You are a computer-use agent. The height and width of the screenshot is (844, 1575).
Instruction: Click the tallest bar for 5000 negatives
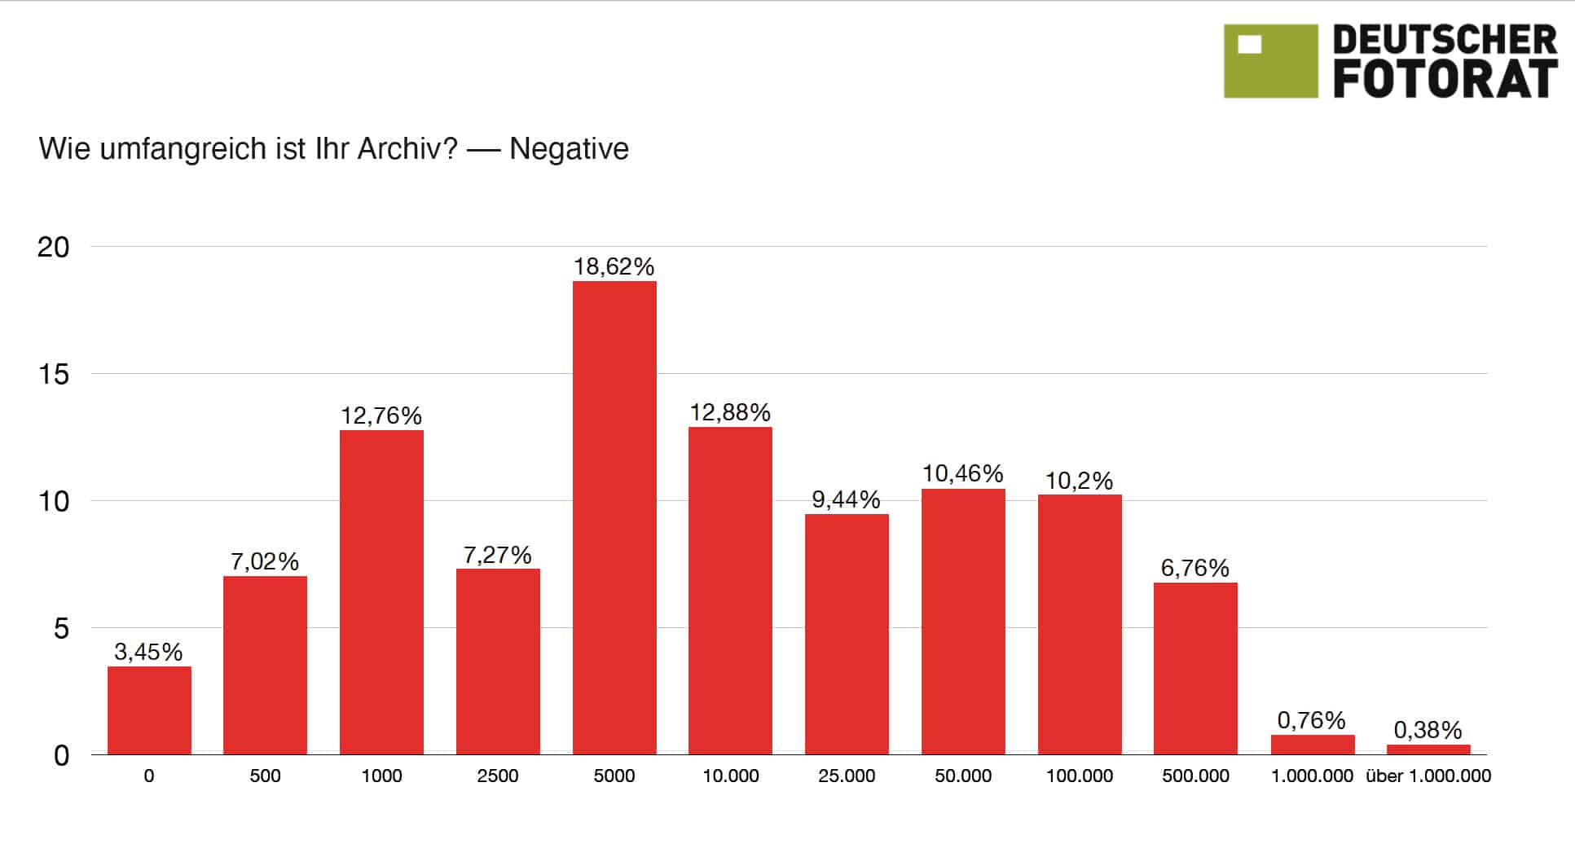(614, 517)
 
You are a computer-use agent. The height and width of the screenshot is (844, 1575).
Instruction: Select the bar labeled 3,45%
(149, 710)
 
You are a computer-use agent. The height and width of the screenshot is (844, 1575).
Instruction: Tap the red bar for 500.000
(1195, 668)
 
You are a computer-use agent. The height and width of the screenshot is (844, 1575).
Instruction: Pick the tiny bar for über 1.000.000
(1428, 749)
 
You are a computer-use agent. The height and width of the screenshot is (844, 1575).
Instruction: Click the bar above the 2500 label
(498, 662)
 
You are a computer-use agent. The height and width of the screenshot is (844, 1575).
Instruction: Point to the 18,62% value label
(614, 267)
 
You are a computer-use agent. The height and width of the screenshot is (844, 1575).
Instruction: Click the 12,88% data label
(730, 413)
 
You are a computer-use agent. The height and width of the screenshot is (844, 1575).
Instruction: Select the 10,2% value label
(1079, 481)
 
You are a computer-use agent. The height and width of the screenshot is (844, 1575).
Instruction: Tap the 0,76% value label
(1311, 720)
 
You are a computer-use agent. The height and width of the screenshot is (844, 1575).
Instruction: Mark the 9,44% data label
(846, 499)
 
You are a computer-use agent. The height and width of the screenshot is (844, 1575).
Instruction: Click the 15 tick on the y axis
(54, 375)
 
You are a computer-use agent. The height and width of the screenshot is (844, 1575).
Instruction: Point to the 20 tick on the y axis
(54, 248)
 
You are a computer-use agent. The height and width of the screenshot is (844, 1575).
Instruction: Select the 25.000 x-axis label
(847, 776)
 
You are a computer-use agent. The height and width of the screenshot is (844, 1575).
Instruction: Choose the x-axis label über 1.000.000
(1428, 776)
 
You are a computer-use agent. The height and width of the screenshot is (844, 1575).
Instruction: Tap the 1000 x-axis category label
(381, 776)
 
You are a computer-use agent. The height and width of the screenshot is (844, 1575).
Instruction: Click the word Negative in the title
(569, 150)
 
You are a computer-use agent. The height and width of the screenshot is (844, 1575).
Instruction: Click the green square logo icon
(1270, 61)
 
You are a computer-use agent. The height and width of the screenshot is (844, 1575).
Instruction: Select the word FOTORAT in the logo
(1445, 80)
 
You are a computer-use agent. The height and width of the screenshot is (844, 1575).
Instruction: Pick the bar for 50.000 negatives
(963, 622)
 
